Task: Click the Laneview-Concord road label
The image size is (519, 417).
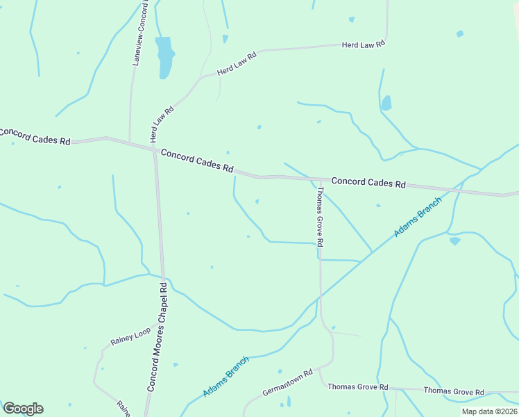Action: tap(140, 33)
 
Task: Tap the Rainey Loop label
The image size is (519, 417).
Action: tap(130, 337)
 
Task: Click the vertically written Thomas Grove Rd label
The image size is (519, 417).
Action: tap(321, 217)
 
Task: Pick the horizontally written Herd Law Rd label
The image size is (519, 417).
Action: tap(363, 44)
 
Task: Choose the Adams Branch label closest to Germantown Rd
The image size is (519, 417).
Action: tap(226, 377)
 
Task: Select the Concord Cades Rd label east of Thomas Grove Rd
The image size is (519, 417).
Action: tap(368, 183)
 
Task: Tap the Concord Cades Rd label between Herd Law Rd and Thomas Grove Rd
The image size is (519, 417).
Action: tap(197, 161)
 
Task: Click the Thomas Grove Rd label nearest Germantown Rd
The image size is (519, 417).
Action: tap(357, 386)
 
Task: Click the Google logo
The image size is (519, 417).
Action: tap(23, 409)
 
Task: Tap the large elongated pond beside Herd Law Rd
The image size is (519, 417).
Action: tap(164, 57)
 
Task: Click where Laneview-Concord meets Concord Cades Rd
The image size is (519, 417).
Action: tap(130, 142)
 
